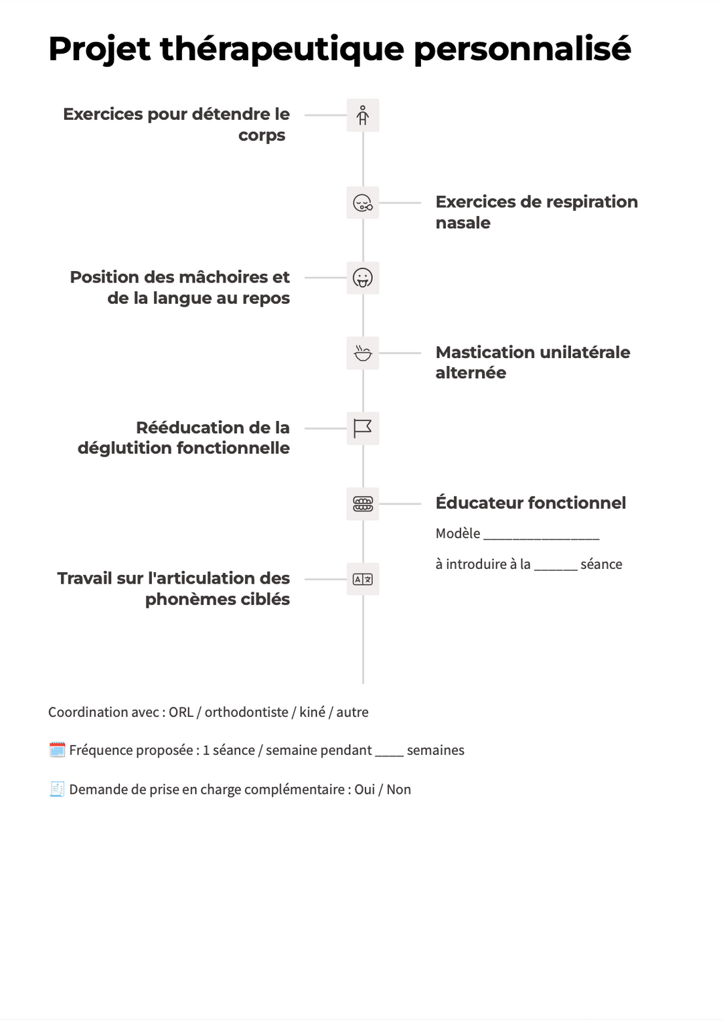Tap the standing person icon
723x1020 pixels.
click(363, 115)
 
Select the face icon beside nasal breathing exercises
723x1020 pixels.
click(363, 203)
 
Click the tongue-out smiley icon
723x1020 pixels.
click(363, 278)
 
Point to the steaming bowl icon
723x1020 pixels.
click(363, 353)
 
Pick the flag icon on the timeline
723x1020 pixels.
click(363, 428)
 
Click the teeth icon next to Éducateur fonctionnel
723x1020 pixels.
click(363, 504)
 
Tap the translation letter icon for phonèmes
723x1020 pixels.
click(363, 579)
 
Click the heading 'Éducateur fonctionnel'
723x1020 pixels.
click(530, 503)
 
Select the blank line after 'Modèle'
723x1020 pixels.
click(541, 535)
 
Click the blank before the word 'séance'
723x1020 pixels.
click(556, 566)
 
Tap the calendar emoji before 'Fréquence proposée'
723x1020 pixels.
click(57, 750)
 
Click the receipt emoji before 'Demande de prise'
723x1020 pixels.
click(57, 789)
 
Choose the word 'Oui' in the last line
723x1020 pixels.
click(364, 790)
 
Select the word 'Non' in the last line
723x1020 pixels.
click(398, 790)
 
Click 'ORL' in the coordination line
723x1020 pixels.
click(181, 712)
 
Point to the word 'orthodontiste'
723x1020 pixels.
click(246, 712)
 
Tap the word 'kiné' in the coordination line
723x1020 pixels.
click(312, 712)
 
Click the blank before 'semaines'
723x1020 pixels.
click(389, 752)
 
